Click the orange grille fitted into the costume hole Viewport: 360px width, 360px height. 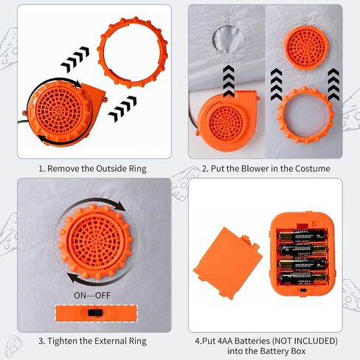(307, 48)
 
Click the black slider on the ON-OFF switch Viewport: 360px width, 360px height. (95, 313)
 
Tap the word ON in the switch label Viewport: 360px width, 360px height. (80, 295)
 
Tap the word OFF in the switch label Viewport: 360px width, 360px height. (103, 295)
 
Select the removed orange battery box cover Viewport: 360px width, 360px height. (228, 263)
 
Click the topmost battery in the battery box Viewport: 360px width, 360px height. (303, 235)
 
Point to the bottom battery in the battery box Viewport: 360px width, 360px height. (304, 278)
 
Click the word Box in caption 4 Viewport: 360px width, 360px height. (299, 351)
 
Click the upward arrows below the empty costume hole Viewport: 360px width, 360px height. (229, 81)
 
